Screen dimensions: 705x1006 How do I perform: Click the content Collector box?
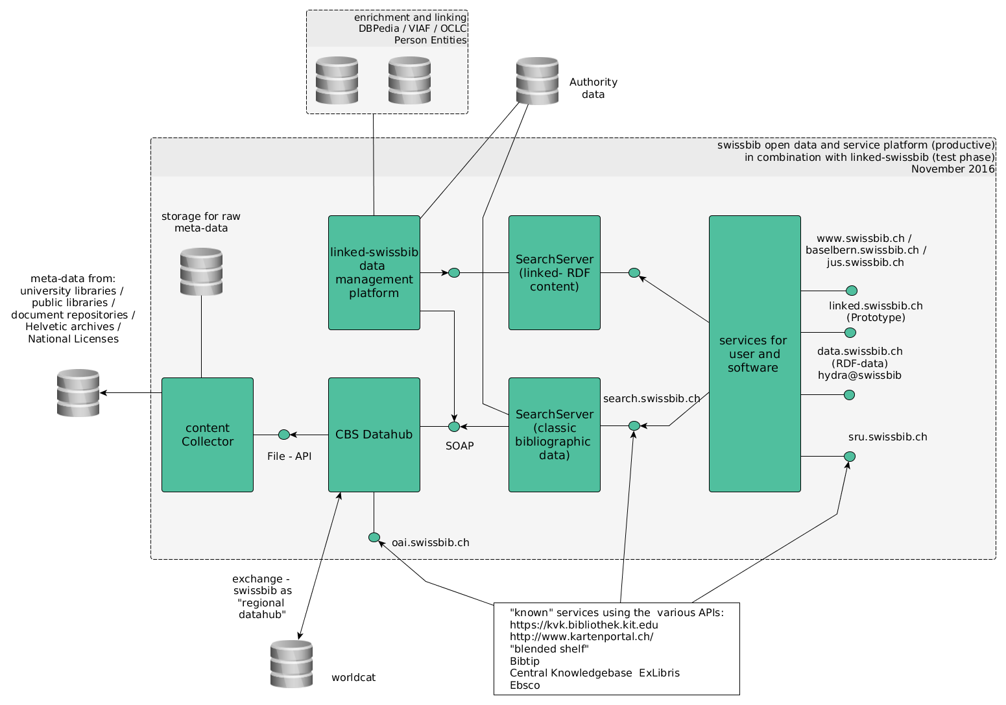point(207,435)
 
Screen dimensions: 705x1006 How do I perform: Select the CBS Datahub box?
point(374,435)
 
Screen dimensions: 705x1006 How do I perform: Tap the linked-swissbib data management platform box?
point(374,272)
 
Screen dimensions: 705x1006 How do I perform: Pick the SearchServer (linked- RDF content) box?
point(554,272)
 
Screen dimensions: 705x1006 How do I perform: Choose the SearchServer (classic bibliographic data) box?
point(554,435)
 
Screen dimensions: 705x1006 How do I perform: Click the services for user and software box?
point(754,353)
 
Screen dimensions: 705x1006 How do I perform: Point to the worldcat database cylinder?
point(291,663)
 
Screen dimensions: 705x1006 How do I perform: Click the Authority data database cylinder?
point(537,81)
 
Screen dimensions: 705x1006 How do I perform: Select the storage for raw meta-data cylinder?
point(201,271)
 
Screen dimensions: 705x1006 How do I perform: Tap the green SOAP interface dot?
point(454,426)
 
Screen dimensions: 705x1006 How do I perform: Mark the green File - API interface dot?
point(283,435)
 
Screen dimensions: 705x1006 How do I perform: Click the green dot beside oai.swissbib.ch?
point(374,537)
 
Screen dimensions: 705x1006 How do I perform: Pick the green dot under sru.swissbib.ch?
point(850,457)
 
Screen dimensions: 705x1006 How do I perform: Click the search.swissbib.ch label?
point(651,398)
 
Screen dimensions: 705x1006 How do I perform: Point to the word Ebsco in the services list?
point(525,685)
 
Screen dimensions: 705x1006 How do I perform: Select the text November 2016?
point(952,169)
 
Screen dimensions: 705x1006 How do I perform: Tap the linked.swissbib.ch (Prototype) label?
point(876,311)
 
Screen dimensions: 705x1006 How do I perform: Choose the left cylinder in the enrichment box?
point(337,80)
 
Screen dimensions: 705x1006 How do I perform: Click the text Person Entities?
point(430,40)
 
